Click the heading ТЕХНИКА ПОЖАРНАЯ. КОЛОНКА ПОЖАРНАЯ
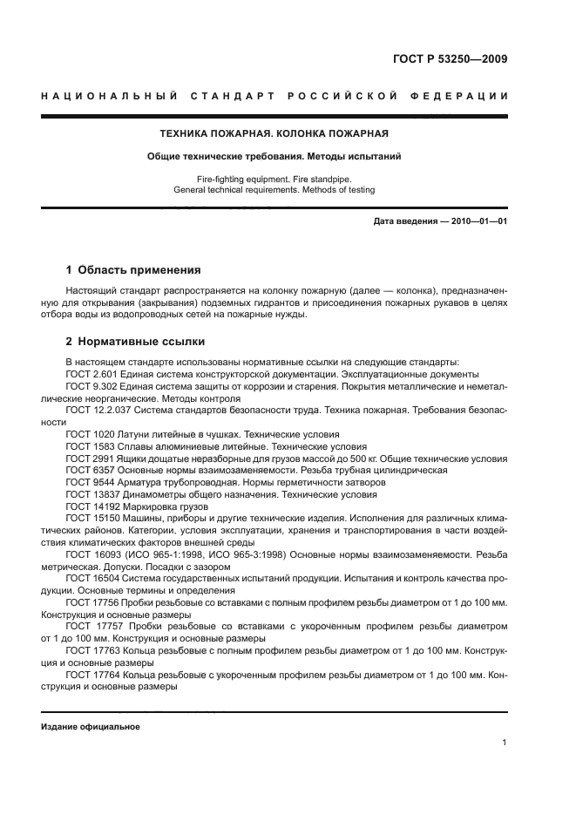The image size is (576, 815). coord(274,134)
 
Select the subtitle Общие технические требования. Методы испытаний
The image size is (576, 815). coord(274,157)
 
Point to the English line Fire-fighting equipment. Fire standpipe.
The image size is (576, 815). coord(274,179)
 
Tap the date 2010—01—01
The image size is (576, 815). coord(476,221)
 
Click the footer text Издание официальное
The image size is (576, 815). coord(91,727)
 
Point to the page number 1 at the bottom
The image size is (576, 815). coord(505,743)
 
